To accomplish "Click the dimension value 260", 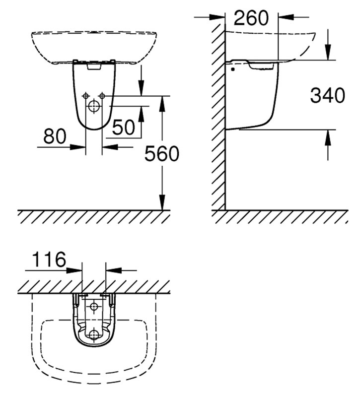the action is click(251, 18).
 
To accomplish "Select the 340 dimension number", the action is click(328, 95).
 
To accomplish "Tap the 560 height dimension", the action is click(162, 153).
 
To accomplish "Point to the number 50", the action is click(123, 127).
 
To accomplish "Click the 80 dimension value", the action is click(55, 136).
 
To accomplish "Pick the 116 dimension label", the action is click(49, 259).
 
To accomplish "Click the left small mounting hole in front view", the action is click(86, 96).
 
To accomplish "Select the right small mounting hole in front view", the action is click(102, 96).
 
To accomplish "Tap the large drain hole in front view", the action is click(94, 106).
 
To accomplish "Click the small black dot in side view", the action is click(233, 69).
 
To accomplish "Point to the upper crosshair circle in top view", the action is click(94, 307).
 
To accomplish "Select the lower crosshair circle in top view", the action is click(94, 334).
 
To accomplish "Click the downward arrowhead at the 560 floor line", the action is click(162, 202).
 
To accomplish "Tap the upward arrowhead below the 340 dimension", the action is click(328, 137).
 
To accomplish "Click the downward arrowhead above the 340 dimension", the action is click(328, 53).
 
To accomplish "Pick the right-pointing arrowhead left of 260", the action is click(217, 17).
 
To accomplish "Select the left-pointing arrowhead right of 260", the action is click(286, 17).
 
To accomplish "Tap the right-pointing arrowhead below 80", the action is click(78, 147).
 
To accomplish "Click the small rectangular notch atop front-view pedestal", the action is click(94, 66).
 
